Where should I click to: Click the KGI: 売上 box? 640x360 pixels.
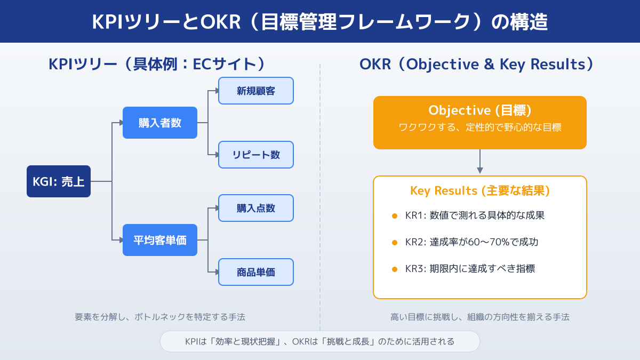pos(59,181)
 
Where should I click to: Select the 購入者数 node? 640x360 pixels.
pos(160,123)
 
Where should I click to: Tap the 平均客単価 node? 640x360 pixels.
pos(160,240)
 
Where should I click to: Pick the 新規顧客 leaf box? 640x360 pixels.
pos(256,91)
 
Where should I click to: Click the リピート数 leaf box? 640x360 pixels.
pos(256,155)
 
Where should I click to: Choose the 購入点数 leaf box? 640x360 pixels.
pos(256,208)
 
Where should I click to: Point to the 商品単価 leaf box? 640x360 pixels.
pos(256,272)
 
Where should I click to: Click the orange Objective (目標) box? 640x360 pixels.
pos(480,122)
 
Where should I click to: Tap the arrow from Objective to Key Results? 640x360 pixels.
pos(480,162)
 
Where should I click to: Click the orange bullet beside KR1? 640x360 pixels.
pos(395,216)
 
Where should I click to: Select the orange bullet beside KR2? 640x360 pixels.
pos(395,243)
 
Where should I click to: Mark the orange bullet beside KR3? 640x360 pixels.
pos(395,269)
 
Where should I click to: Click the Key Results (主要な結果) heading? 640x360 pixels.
pos(480,191)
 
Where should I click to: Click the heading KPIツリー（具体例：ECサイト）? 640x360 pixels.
pos(157,64)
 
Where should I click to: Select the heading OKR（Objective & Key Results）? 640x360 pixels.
pos(477,64)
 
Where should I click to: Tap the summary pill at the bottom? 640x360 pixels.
pos(320,341)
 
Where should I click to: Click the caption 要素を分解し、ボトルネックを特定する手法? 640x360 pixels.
pos(160,317)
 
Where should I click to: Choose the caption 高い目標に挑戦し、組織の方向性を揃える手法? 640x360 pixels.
pos(480,317)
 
